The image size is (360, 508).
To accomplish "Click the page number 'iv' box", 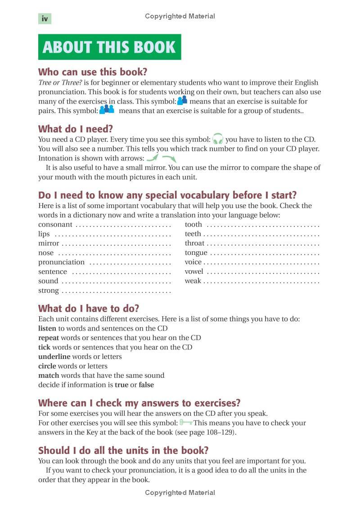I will (45, 18).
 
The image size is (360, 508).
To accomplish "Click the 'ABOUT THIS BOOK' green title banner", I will (109, 47).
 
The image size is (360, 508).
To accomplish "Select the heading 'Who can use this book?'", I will (93, 72).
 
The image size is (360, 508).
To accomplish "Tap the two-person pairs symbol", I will (182, 100).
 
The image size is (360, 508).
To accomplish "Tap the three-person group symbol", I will (107, 109).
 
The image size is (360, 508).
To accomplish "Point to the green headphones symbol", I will (218, 139).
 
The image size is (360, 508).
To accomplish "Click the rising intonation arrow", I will (153, 158).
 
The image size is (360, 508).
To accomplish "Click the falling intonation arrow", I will (169, 159).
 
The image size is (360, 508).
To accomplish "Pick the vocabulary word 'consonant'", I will (55, 224).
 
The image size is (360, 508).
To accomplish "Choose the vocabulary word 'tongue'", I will (196, 253).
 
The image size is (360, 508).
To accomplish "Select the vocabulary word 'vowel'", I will (194, 272).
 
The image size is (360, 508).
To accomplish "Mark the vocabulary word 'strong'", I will (49, 290).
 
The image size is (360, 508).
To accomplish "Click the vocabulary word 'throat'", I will (194, 243).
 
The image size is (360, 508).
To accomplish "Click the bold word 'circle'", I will (48, 366).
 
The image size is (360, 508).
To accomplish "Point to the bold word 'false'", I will (146, 385).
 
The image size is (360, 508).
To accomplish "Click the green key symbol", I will (186, 422).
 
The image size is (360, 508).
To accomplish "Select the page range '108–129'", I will (217, 432).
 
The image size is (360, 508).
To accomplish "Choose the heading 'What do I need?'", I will (76, 129).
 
